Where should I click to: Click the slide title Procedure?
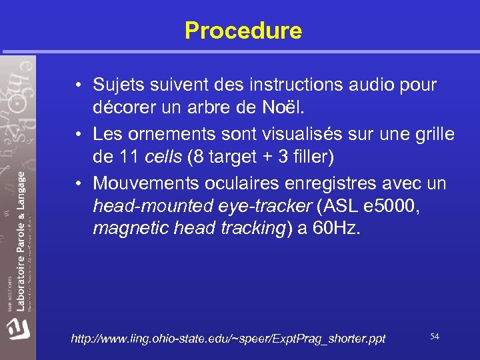click(x=243, y=31)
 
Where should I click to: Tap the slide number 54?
click(x=435, y=337)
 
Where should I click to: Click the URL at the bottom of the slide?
click(x=228, y=339)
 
